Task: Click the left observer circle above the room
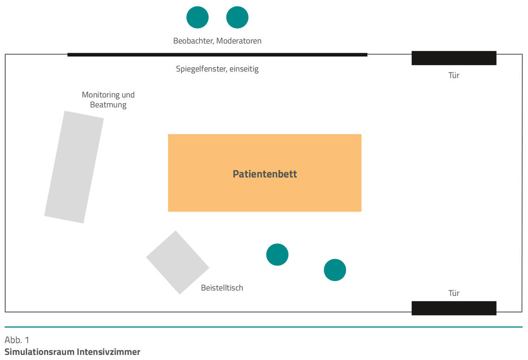(x=197, y=17)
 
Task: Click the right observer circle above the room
(x=237, y=17)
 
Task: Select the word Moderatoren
(x=239, y=41)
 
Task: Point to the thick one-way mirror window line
(x=217, y=55)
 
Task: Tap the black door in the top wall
(x=454, y=58)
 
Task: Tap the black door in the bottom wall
(x=454, y=308)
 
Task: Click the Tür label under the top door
(x=454, y=75)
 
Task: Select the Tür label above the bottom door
(x=454, y=293)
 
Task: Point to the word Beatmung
(x=108, y=105)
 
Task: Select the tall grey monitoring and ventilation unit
(x=74, y=167)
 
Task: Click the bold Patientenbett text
(x=264, y=174)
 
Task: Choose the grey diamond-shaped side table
(x=178, y=262)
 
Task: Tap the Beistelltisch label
(x=222, y=288)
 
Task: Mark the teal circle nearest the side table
(x=277, y=254)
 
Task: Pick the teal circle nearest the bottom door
(x=335, y=270)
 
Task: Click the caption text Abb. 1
(x=17, y=340)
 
